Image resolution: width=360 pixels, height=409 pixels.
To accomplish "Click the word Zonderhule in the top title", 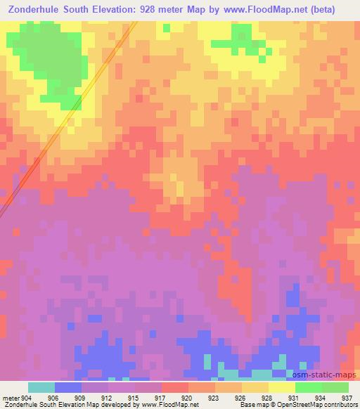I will (x=36, y=9).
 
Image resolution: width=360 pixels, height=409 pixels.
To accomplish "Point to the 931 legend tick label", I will (x=295, y=397).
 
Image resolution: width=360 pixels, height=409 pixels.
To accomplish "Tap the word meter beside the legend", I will (x=10, y=397).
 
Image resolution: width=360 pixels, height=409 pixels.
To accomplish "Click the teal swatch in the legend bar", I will (x=41, y=387).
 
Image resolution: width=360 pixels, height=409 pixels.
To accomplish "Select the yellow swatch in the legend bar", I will (x=282, y=387).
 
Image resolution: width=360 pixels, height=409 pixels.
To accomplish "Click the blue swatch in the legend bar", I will (x=67, y=387).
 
